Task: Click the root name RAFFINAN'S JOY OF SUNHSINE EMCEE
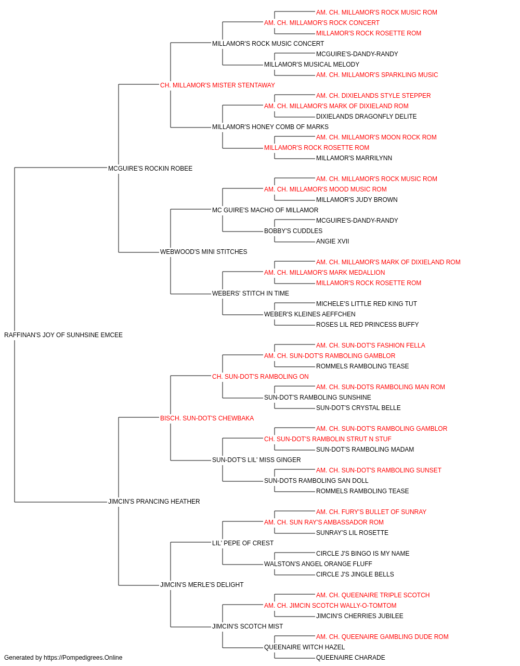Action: coord(63,335)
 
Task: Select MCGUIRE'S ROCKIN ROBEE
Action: coord(150,169)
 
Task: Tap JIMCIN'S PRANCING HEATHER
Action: coord(154,502)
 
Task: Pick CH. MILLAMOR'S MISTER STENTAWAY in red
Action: coord(217,85)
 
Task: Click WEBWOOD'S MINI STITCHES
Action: coord(203,252)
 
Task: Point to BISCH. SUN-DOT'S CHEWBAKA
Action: coord(207,418)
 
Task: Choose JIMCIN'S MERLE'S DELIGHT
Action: coord(202,585)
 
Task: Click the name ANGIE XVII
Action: coord(332,241)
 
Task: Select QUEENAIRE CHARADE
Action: coord(350,658)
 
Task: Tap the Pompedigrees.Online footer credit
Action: coord(63,658)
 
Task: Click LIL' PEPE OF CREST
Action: coord(242,543)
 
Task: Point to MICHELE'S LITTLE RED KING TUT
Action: coord(366,304)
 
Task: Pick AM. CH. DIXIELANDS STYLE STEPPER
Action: coord(373,96)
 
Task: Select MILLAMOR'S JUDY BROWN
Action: coord(357,200)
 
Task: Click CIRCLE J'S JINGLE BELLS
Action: coord(355,574)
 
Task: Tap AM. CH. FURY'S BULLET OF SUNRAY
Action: coord(371,512)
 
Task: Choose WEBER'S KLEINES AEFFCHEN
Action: coord(309,314)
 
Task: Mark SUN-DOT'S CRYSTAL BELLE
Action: coord(358,408)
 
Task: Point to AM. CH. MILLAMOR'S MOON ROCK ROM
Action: coord(376,137)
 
